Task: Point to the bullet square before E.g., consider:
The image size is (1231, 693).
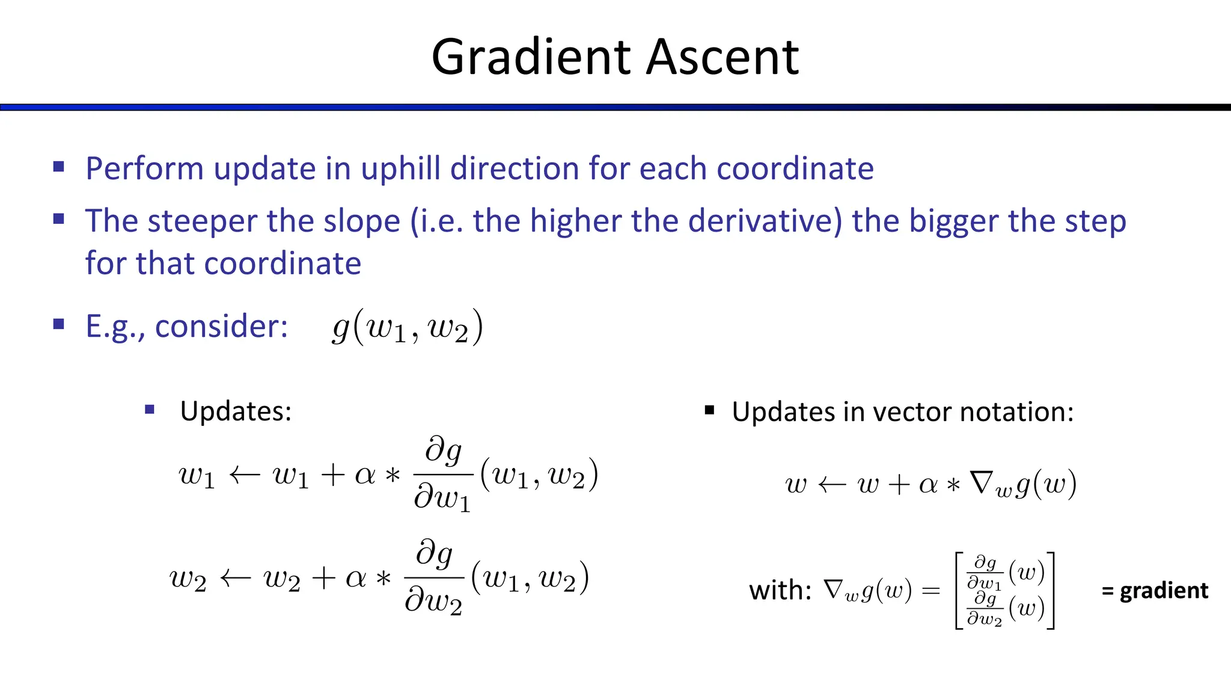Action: [58, 325]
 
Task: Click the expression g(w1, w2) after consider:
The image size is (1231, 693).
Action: [408, 327]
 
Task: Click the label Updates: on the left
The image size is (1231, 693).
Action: [236, 411]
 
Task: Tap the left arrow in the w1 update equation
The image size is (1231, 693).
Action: [244, 476]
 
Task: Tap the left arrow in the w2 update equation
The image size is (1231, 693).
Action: [235, 579]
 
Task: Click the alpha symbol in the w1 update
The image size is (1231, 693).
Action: [365, 476]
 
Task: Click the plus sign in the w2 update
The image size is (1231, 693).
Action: [323, 579]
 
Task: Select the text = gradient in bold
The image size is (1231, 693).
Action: [1154, 590]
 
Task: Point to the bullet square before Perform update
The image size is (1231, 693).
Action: [58, 167]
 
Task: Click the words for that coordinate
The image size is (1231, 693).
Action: [223, 263]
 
